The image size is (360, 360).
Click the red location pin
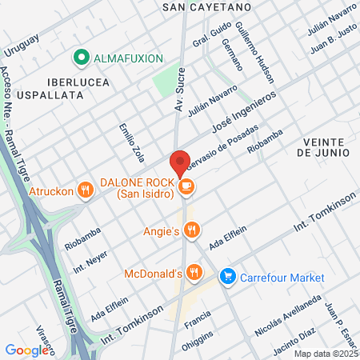[180, 162]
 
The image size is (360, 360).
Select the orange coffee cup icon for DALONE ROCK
[186, 187]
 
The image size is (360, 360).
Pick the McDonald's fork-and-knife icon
[194, 274]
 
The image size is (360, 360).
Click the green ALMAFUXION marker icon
[80, 58]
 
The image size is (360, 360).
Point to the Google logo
[26, 350]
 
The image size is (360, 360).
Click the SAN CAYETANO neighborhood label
[206, 6]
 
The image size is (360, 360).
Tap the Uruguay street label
[22, 46]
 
